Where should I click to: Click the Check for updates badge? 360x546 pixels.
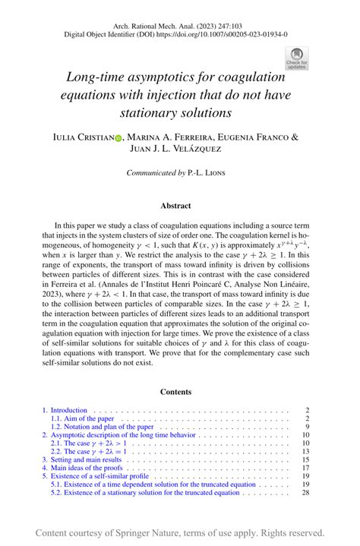coord(295,58)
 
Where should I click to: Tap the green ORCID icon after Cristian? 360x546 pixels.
coord(118,137)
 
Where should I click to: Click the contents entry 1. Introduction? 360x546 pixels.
coord(65,410)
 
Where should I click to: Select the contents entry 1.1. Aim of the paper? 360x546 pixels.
coord(84,418)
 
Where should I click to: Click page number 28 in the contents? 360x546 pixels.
coord(305,493)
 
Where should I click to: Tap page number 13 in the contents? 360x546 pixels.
coord(305,452)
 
